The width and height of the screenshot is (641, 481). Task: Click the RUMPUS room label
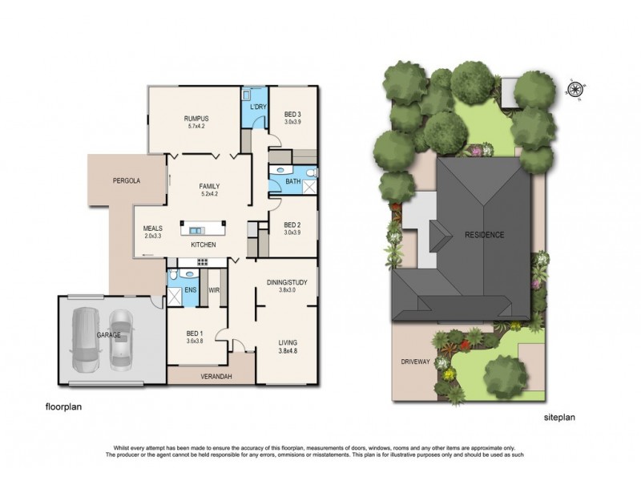pos(196,117)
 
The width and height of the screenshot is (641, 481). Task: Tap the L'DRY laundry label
pos(258,107)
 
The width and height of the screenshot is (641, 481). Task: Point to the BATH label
pos(293,184)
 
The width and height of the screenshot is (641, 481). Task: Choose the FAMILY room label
pos(211,185)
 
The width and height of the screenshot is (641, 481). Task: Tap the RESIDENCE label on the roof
pos(485,235)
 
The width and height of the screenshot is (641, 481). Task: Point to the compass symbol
pos(575,89)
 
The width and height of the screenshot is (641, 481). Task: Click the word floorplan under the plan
pos(62,408)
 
